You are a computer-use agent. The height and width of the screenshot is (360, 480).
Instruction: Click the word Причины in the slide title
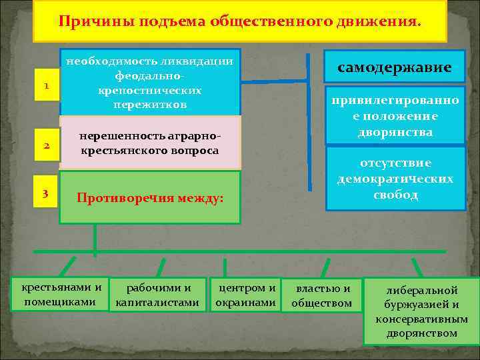tap(83, 22)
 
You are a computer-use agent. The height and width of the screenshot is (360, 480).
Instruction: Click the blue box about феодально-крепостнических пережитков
tap(150, 83)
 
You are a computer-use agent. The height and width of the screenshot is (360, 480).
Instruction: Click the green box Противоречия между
tap(150, 197)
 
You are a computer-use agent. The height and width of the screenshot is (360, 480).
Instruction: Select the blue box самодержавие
tap(395, 67)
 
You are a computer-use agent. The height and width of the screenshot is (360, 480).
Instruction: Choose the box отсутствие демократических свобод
tap(395, 179)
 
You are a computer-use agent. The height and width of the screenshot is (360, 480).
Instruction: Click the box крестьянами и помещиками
tap(62, 295)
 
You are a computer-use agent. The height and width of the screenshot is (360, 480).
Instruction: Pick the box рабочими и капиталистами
tap(157, 295)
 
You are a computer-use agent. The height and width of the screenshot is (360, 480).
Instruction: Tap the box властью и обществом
tap(323, 295)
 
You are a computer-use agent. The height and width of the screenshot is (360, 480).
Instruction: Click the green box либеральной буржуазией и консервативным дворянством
tap(421, 311)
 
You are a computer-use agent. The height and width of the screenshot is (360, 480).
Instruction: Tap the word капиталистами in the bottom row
tap(157, 303)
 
